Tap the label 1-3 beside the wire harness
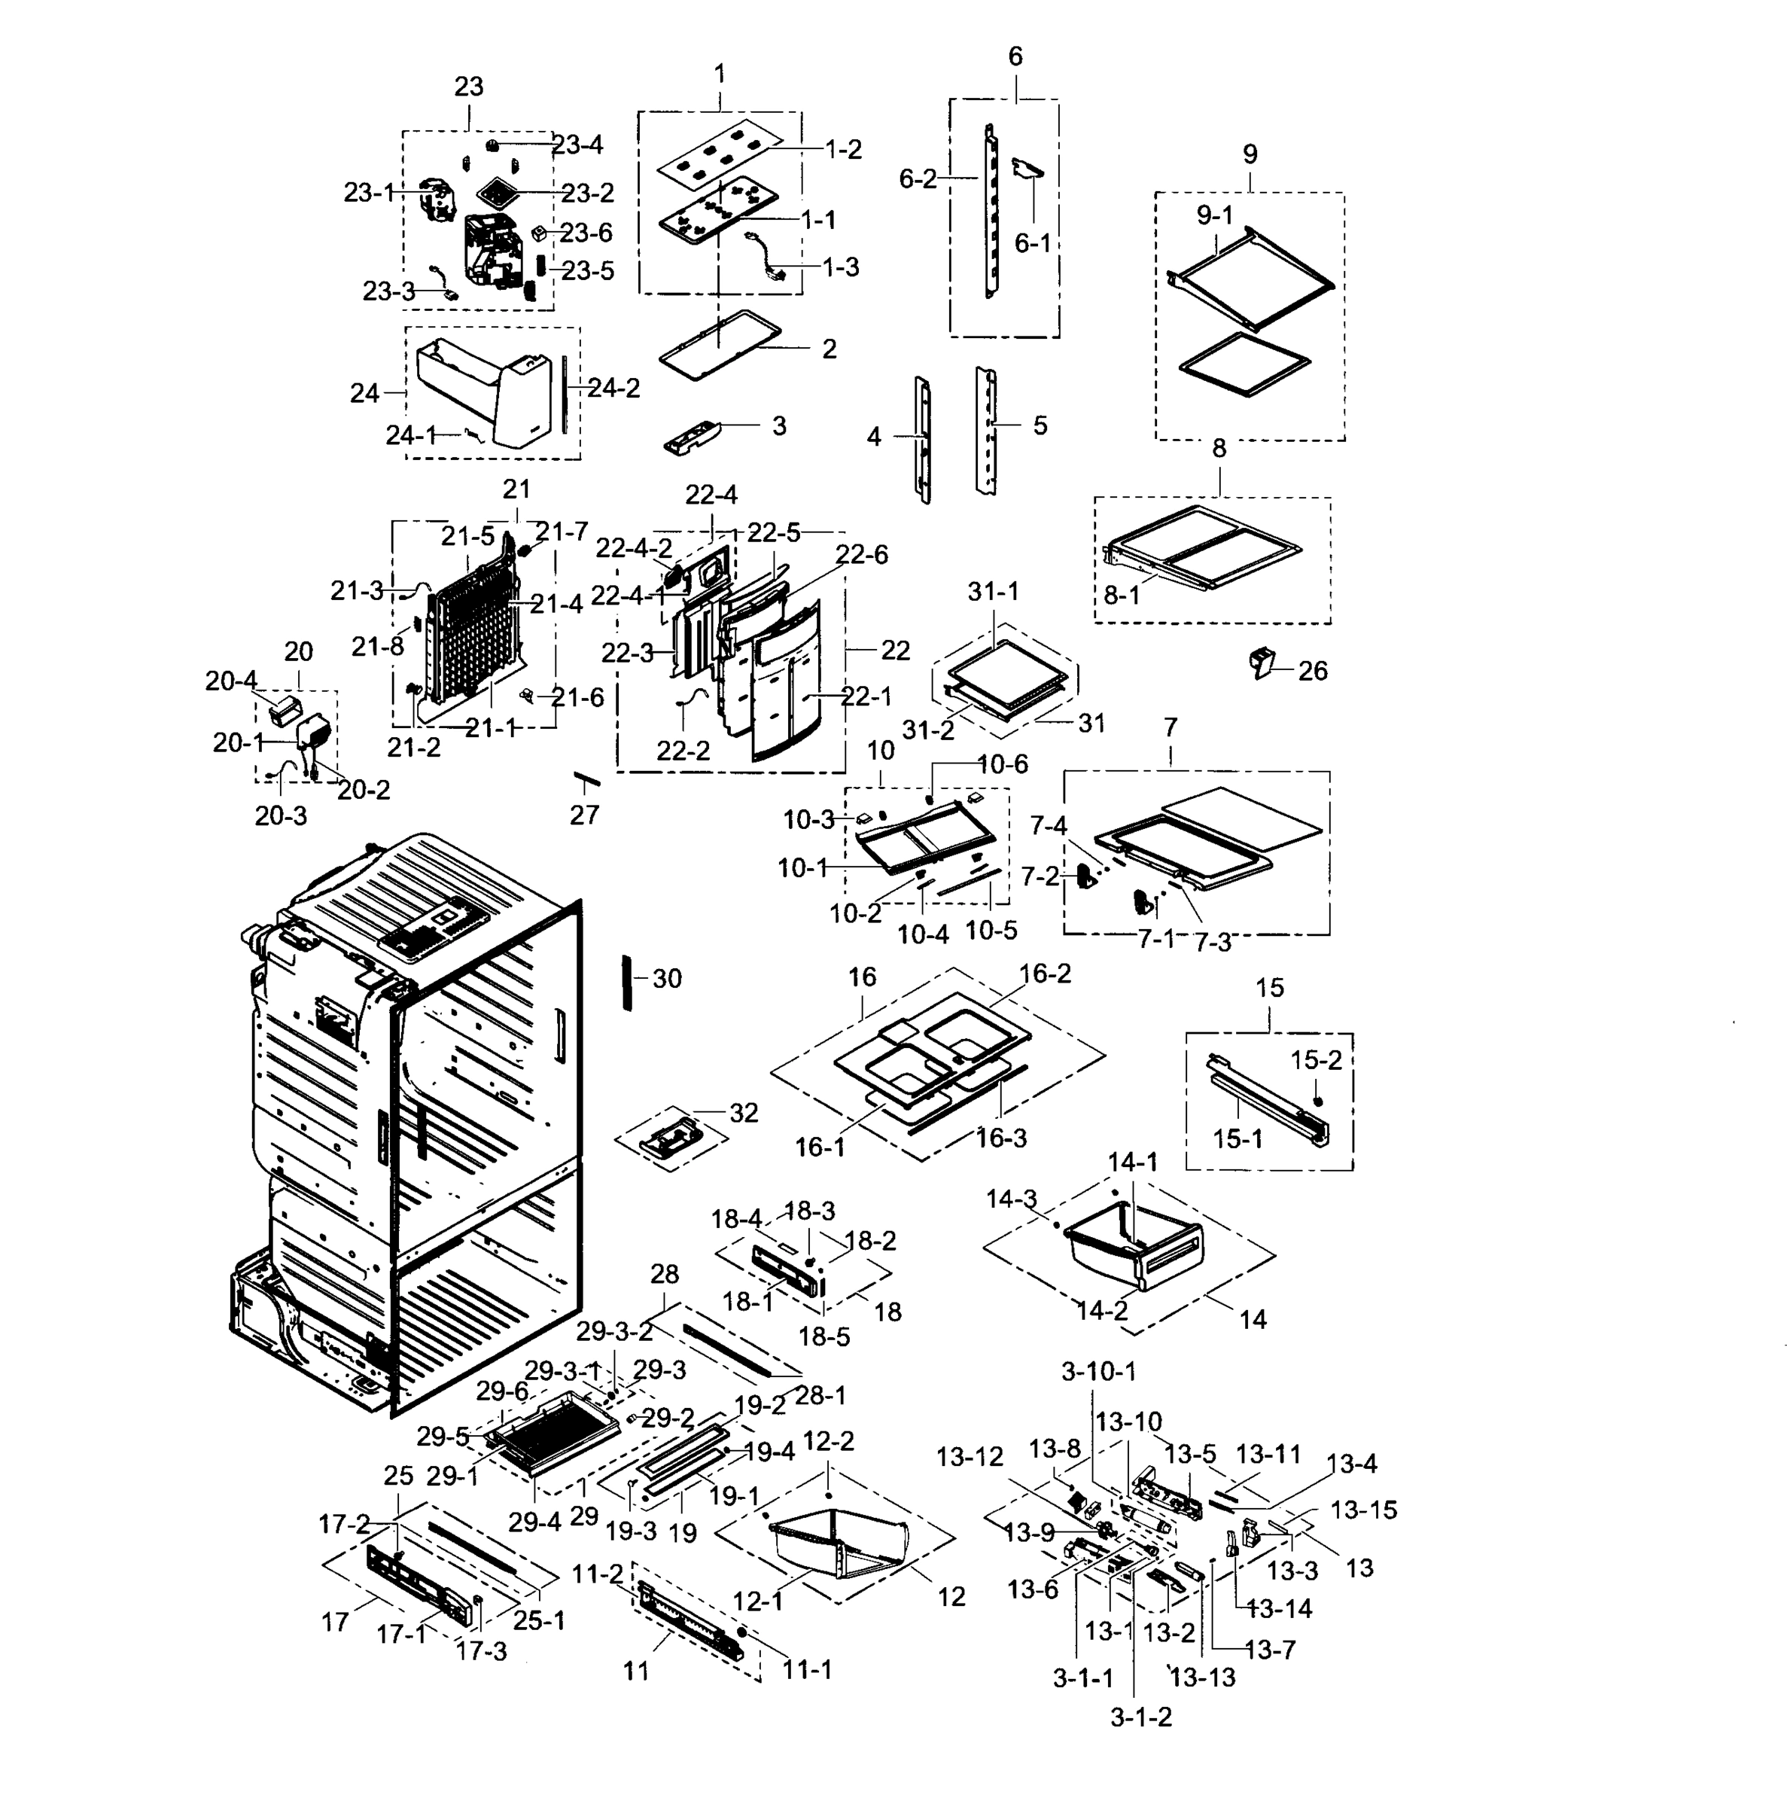(840, 267)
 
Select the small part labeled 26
(1262, 663)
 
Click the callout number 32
(744, 1113)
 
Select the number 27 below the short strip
(583, 815)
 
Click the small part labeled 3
(695, 437)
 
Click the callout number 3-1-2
(1141, 1717)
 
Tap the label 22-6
(861, 555)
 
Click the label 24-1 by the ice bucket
(412, 435)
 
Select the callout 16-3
(1001, 1138)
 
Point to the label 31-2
(927, 730)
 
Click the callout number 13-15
(1363, 1510)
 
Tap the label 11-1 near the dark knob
(806, 1669)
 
